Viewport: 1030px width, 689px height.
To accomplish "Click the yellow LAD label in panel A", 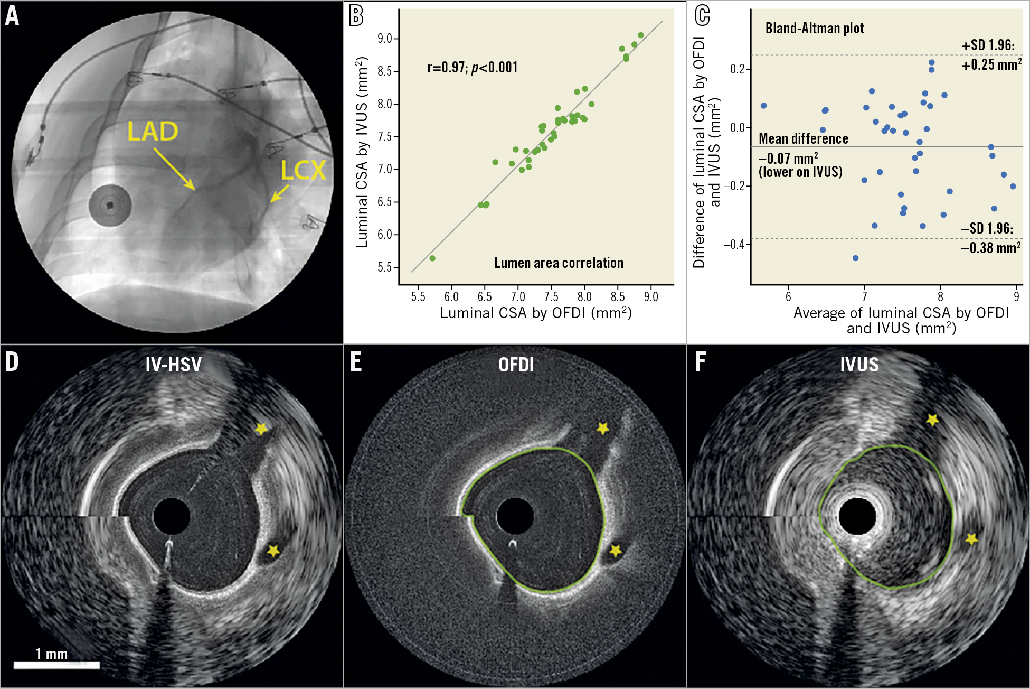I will pos(153,132).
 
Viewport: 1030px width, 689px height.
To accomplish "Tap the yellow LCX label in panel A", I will pos(303,170).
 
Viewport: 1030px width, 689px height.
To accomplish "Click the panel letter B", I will pos(356,15).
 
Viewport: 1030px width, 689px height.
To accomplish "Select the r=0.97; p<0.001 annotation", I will pos(473,68).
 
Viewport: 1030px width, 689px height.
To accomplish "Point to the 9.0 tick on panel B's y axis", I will pos(385,39).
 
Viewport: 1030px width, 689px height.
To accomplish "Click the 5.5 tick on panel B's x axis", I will pos(418,296).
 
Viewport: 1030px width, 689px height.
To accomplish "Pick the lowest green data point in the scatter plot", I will pos(432,258).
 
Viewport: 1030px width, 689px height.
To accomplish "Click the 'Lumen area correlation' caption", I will pos(559,263).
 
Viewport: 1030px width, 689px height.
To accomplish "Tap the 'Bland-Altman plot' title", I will pos(815,29).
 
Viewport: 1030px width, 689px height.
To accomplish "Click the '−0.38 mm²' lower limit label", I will pos(991,248).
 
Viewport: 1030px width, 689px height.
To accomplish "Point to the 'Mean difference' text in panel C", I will pos(803,139).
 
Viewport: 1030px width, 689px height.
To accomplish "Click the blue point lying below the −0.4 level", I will pos(855,258).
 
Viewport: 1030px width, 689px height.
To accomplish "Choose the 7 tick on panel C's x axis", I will pos(865,296).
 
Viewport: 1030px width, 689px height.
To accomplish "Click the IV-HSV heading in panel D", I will pos(174,365).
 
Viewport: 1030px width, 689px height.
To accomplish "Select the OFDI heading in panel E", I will pos(516,365).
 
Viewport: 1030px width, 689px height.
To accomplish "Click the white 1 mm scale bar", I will pos(56,665).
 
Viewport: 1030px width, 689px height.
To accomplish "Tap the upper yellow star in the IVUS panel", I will pos(933,420).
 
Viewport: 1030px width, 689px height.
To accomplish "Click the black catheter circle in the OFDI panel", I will pos(515,516).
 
